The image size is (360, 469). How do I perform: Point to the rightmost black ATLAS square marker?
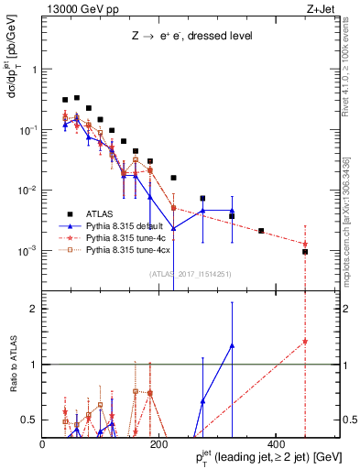(x=305, y=252)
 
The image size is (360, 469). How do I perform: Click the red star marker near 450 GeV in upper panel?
(x=305, y=244)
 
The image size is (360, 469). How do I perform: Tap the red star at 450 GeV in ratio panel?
(x=305, y=342)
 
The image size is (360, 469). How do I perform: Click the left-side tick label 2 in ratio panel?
(x=35, y=309)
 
